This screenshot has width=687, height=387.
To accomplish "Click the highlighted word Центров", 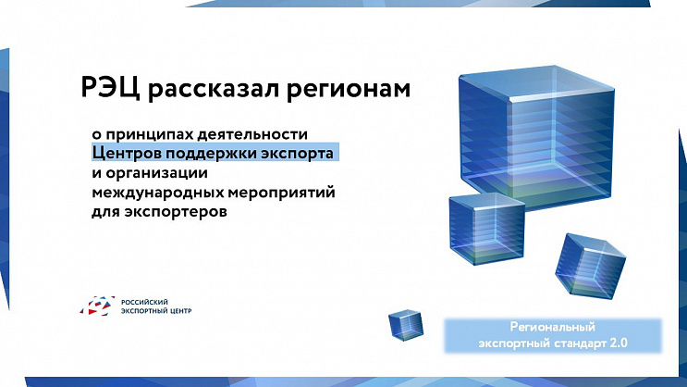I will coord(125,154).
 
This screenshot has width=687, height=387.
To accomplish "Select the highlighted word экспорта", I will coord(298,154).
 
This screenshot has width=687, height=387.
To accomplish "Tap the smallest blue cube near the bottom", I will coord(405,325).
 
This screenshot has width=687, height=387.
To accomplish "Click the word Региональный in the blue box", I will coord(552,327).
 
